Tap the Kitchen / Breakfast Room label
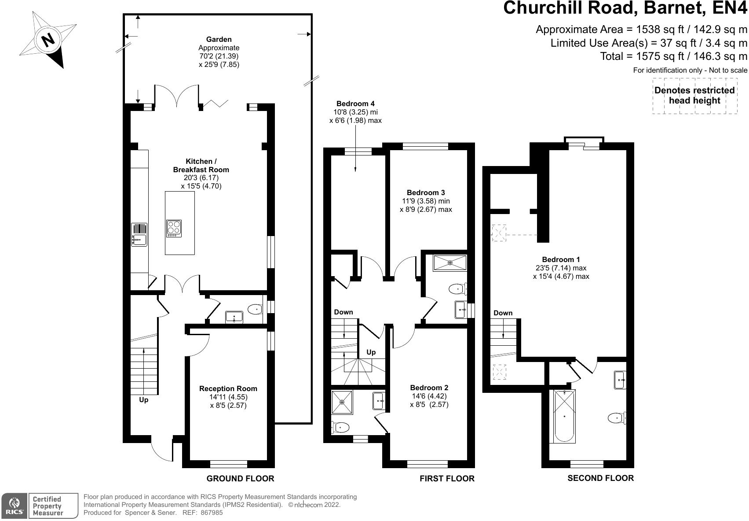[x=201, y=166]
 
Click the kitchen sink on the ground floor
[x=139, y=240]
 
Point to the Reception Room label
[x=228, y=388]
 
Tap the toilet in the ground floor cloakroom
[x=255, y=310]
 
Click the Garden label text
[x=219, y=40]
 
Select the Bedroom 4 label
[x=355, y=104]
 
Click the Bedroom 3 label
[x=425, y=192]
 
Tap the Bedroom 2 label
[x=429, y=388]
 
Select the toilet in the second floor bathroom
[x=616, y=417]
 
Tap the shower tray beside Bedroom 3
[x=449, y=263]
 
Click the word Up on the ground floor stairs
[x=143, y=400]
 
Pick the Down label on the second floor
[x=503, y=313]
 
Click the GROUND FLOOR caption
[x=240, y=479]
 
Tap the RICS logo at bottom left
[x=14, y=506]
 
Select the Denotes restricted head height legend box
[x=694, y=96]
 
